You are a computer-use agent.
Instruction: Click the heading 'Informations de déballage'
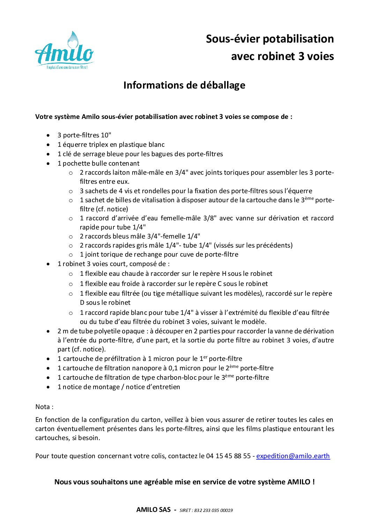[x=184, y=85]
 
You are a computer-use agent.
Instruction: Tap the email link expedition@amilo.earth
[x=293, y=456]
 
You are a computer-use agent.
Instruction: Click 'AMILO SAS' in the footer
[x=153, y=510]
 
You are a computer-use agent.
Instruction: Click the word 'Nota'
[x=43, y=407]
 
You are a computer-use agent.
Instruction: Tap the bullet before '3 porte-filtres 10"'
[x=48, y=135]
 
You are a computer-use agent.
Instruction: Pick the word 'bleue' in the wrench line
[x=107, y=154]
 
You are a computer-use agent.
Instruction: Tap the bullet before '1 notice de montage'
[x=48, y=387]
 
